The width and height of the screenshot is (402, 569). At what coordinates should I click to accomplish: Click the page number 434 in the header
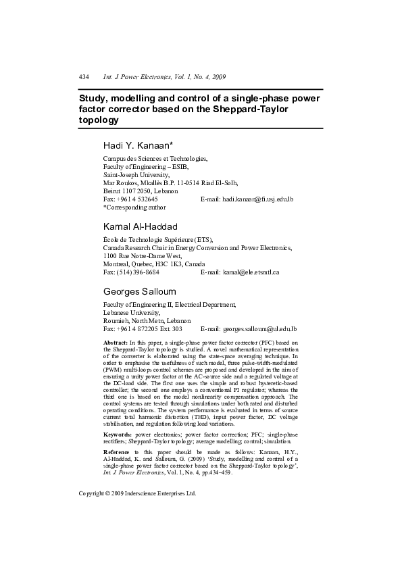point(84,78)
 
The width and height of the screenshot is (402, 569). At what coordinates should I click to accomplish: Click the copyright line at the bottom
point(137,493)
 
